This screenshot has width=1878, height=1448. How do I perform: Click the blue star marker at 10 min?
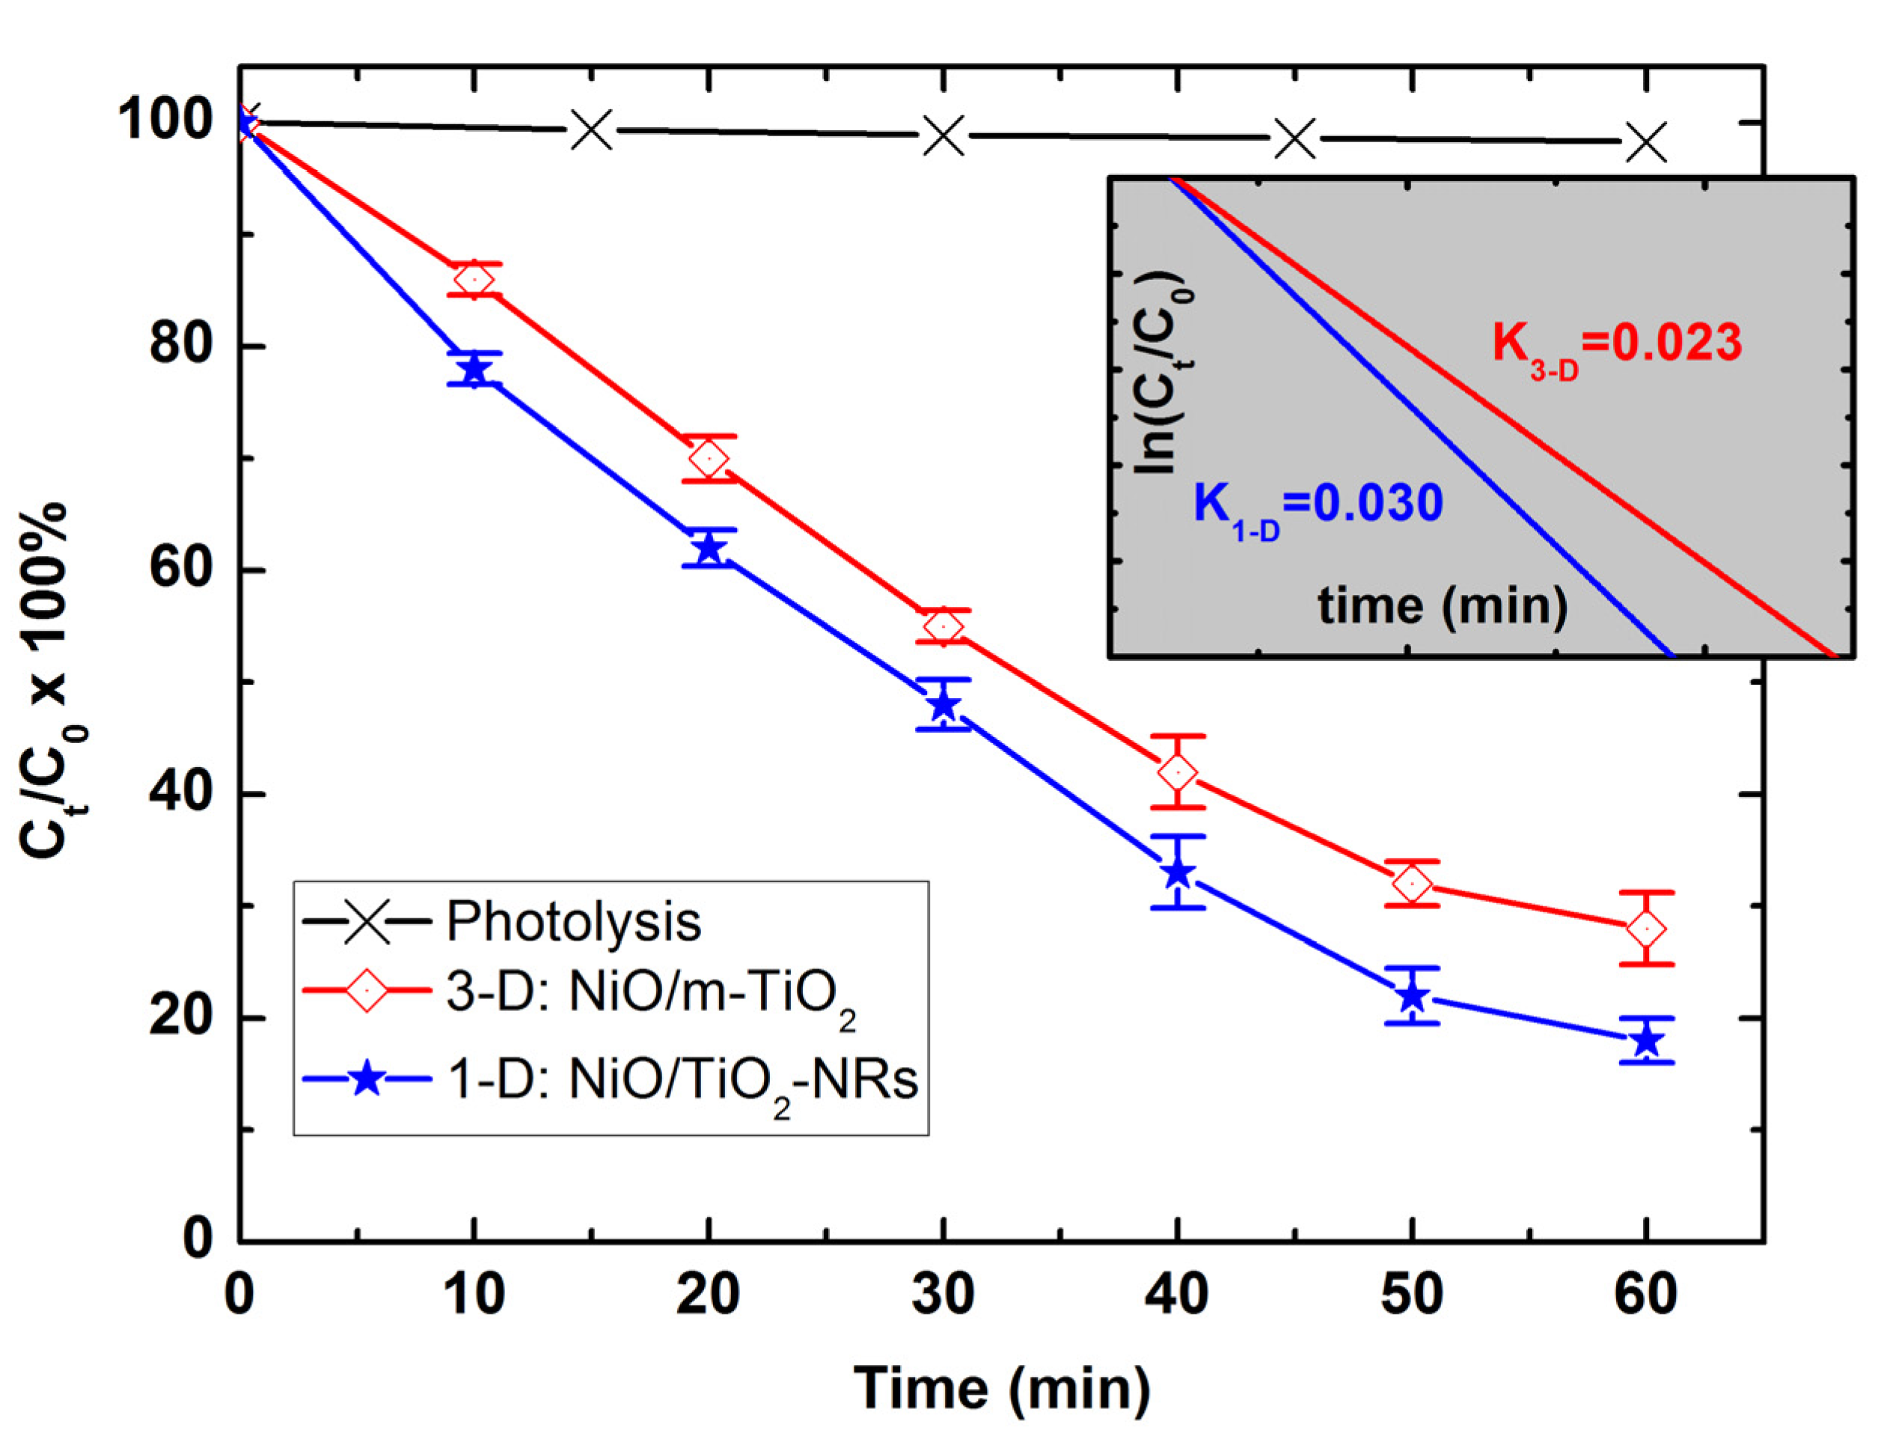tap(474, 370)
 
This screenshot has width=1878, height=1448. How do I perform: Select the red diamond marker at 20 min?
tap(709, 458)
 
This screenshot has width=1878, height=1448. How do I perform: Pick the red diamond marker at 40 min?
tap(1177, 772)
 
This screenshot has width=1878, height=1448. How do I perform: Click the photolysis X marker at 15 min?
tap(592, 131)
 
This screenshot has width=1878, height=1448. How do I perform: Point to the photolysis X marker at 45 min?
tap(1295, 138)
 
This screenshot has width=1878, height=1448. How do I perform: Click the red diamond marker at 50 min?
tap(1412, 884)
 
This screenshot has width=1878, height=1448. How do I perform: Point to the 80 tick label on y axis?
tap(180, 345)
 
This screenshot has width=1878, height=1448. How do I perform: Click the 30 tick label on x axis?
tap(943, 1294)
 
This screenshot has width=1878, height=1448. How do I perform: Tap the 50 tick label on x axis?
tap(1412, 1294)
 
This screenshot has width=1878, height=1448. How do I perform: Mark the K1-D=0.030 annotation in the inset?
tap(1318, 507)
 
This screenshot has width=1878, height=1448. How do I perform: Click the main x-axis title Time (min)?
tap(1002, 1388)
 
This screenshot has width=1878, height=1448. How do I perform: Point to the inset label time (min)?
tap(1442, 606)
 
